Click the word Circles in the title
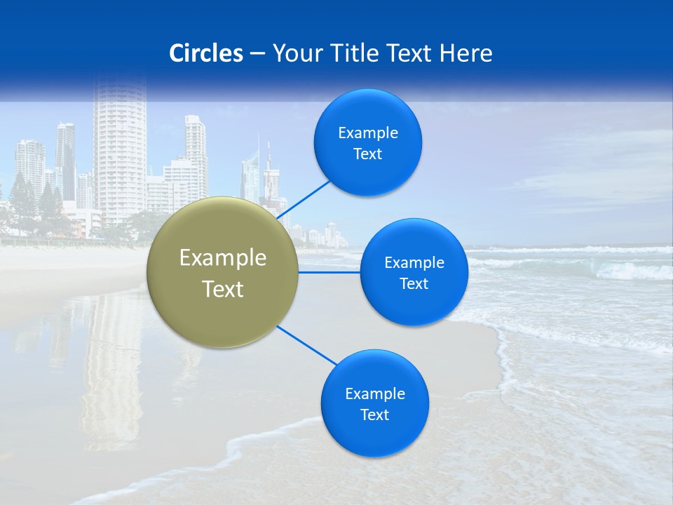(205, 53)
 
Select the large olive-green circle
(223, 272)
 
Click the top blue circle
(368, 142)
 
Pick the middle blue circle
(414, 272)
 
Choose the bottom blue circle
(374, 403)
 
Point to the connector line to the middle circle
(329, 272)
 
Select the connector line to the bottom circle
(308, 346)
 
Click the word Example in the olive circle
(223, 258)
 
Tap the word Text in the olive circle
(223, 289)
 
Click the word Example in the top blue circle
(368, 133)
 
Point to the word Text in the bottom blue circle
(374, 415)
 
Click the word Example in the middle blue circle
(414, 262)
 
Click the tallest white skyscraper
(119, 154)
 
